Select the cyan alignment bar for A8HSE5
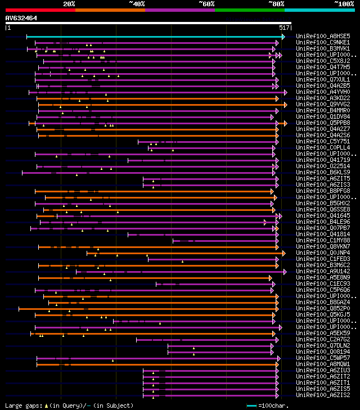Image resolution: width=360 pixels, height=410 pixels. (x=155, y=37)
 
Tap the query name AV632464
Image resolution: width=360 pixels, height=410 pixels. (x=21, y=18)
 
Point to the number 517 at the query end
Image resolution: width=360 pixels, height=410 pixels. (x=284, y=27)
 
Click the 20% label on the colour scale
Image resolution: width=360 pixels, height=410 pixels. (x=69, y=4)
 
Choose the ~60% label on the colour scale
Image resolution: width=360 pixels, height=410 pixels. (x=206, y=4)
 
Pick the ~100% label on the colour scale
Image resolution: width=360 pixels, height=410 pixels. (x=344, y=4)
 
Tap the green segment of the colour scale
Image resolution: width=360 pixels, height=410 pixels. (x=249, y=10)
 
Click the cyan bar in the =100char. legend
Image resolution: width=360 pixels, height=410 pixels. (x=251, y=406)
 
